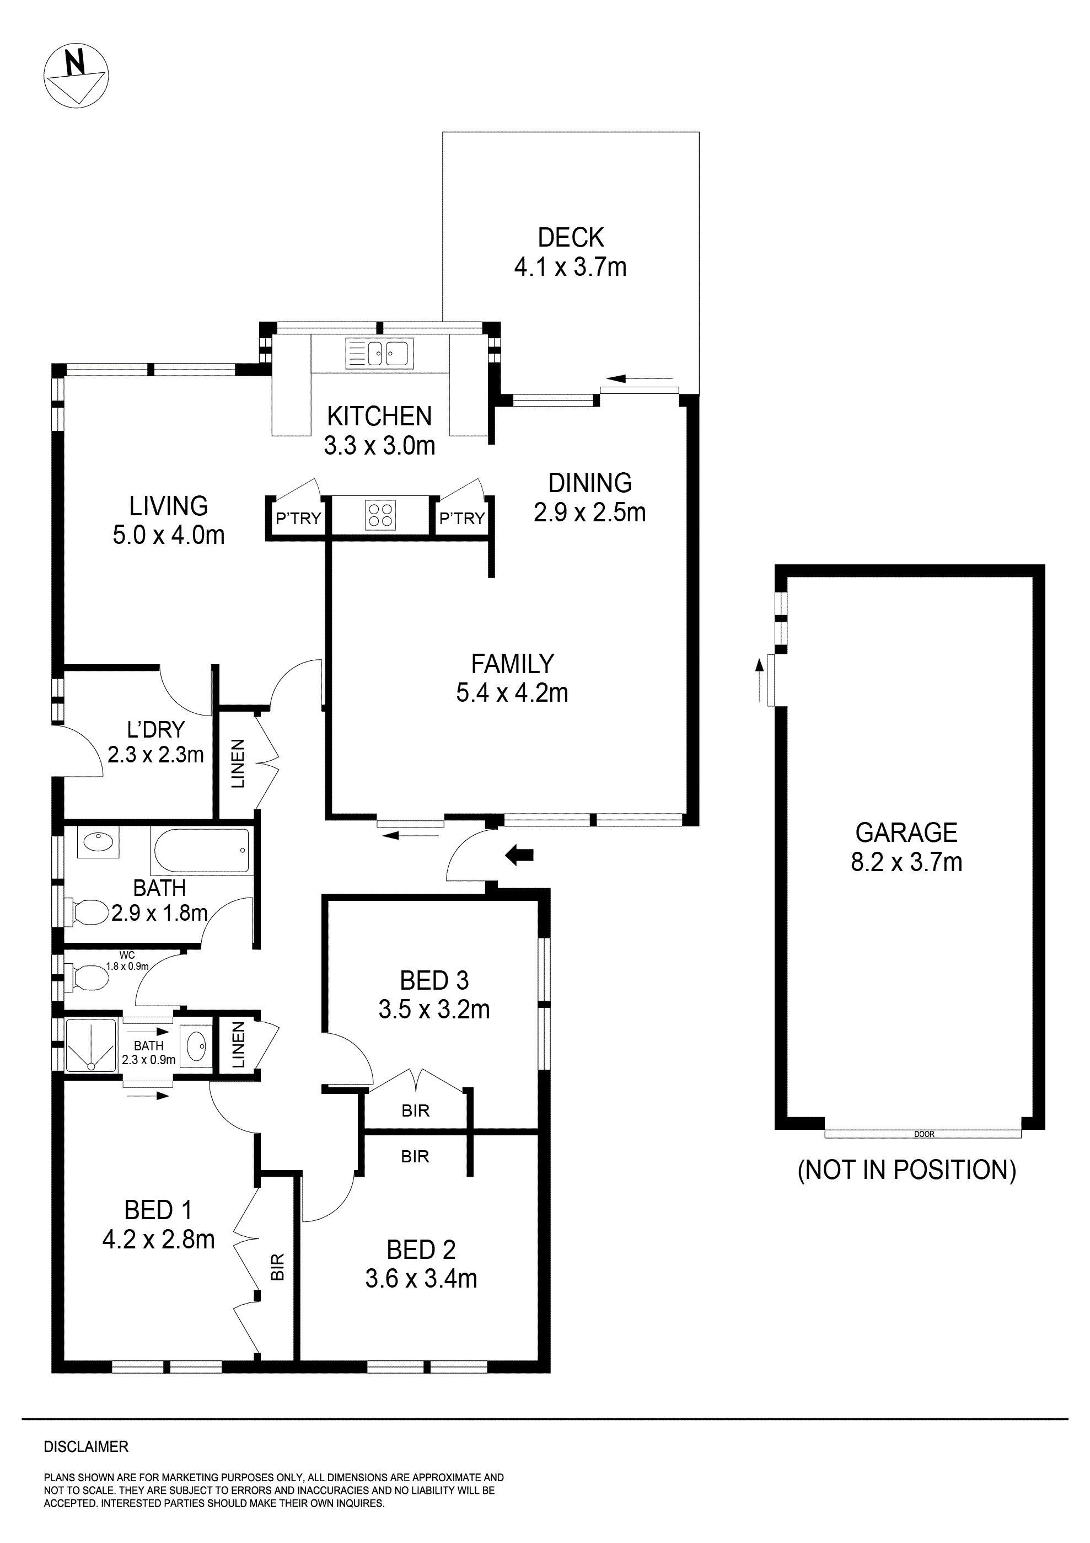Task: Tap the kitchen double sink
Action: pos(379,353)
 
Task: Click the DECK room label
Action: pos(571,238)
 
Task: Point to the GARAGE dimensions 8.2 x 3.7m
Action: pos(906,862)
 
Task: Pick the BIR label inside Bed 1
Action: pos(277,1266)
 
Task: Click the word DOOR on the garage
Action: pos(924,1134)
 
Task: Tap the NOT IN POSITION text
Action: pos(906,1171)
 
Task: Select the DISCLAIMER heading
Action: pos(86,1447)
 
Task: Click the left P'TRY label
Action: pos(298,519)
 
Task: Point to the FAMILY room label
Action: pos(512,664)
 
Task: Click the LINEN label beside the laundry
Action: pos(238,764)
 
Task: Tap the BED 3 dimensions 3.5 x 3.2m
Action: pos(434,1010)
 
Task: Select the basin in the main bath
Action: pos(98,841)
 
